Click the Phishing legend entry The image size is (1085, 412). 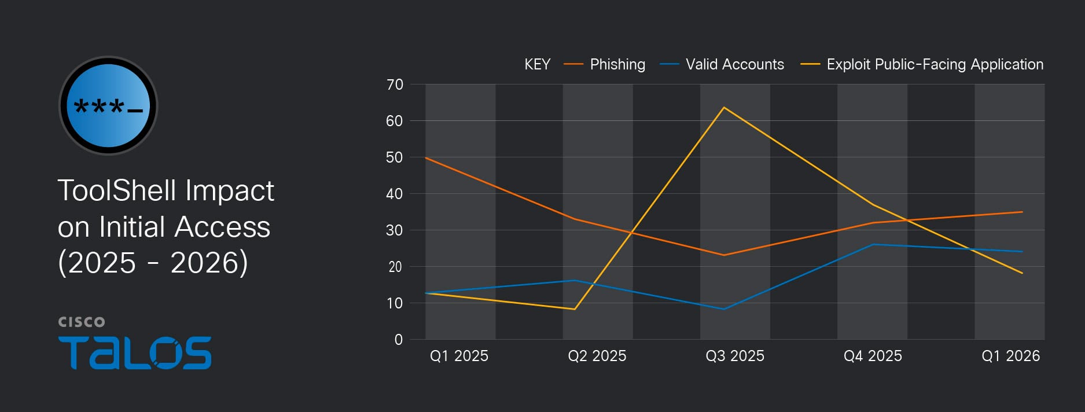tap(617, 64)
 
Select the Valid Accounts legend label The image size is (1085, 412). tap(734, 64)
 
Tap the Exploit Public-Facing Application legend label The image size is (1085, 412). tap(935, 64)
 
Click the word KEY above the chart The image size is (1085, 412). tap(537, 64)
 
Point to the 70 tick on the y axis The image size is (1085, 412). tap(395, 84)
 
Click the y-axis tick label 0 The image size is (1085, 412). tap(398, 340)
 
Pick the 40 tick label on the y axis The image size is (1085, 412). tap(395, 194)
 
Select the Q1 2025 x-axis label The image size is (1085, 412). tap(459, 356)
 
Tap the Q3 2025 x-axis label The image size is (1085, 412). tap(734, 356)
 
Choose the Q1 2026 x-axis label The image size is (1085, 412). tap(1010, 356)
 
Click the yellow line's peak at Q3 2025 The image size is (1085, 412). tap(724, 107)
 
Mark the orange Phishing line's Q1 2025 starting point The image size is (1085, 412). tap(426, 157)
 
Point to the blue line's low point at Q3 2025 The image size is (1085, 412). tap(724, 309)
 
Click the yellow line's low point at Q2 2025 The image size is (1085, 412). tap(574, 309)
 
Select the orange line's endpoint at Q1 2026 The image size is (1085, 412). tap(1022, 212)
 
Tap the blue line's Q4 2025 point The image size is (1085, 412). tap(873, 244)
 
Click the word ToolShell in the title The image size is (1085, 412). tap(116, 190)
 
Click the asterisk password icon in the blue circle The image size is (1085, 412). tap(108, 106)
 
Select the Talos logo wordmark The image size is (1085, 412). tap(135, 352)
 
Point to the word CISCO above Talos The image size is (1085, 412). tap(82, 322)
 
